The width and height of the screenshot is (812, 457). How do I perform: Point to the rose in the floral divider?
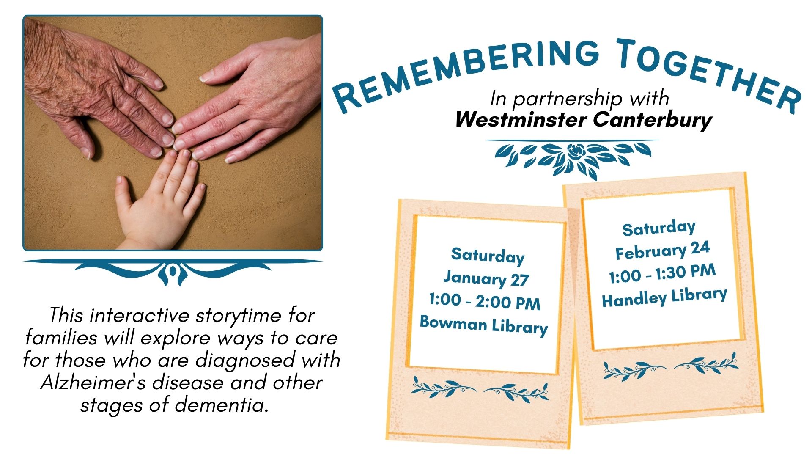click(x=575, y=151)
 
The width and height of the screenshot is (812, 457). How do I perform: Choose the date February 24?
click(x=662, y=251)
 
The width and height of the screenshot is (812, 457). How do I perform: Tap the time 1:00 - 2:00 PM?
click(x=485, y=302)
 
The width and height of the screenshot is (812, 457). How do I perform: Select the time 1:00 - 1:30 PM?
click(x=662, y=273)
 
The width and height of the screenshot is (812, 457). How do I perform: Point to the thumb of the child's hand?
click(x=123, y=190)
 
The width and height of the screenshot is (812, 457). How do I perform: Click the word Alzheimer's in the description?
click(x=93, y=383)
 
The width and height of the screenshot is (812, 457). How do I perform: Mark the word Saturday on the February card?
click(x=658, y=228)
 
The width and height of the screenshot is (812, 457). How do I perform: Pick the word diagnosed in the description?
click(x=245, y=360)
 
